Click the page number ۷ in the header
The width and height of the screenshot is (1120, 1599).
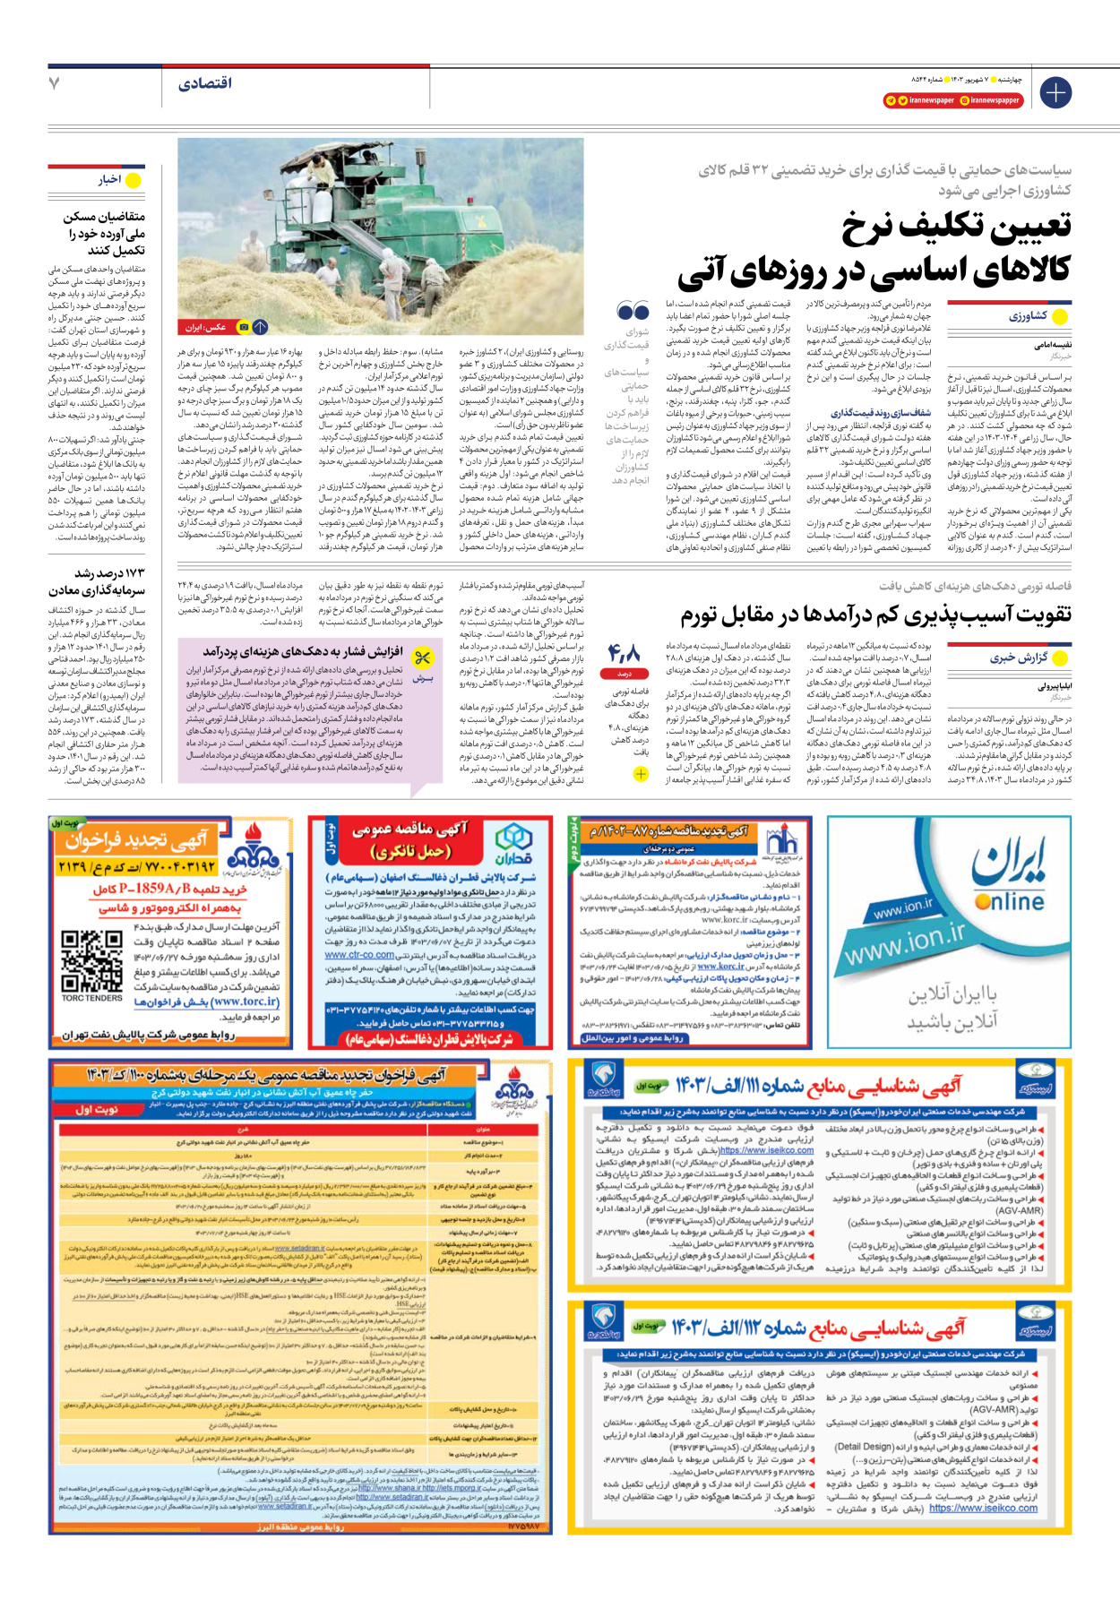(55, 83)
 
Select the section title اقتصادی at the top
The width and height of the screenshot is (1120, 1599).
(205, 83)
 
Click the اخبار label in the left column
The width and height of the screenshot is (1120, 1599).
(110, 180)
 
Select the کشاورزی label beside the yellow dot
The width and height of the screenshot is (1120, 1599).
(1027, 316)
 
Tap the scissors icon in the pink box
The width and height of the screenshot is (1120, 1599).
(422, 658)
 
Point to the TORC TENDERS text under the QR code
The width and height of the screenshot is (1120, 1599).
(91, 998)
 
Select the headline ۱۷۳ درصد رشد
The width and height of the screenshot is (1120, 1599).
(109, 573)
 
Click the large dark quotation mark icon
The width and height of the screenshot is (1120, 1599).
(633, 311)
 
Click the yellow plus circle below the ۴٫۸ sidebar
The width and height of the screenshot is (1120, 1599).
(641, 775)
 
